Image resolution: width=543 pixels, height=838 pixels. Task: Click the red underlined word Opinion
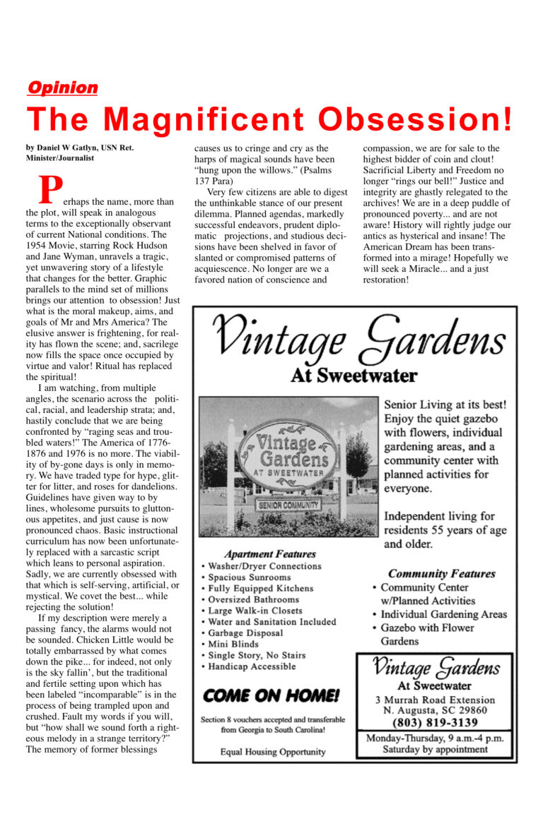62,88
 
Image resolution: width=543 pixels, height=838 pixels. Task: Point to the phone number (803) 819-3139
434,723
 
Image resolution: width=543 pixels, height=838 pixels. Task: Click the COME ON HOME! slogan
271,695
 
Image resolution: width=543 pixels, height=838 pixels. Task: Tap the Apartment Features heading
269,553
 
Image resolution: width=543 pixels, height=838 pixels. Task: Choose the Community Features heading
441,573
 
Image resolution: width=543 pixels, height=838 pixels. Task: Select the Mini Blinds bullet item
236,644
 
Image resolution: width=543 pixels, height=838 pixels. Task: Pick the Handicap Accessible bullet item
252,666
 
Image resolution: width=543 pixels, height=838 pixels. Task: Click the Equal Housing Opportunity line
272,752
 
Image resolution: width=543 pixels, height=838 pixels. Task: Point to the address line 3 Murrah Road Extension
434,700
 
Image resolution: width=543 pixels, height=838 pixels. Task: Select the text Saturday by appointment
434,749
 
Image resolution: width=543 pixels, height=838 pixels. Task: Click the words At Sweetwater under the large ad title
354,375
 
